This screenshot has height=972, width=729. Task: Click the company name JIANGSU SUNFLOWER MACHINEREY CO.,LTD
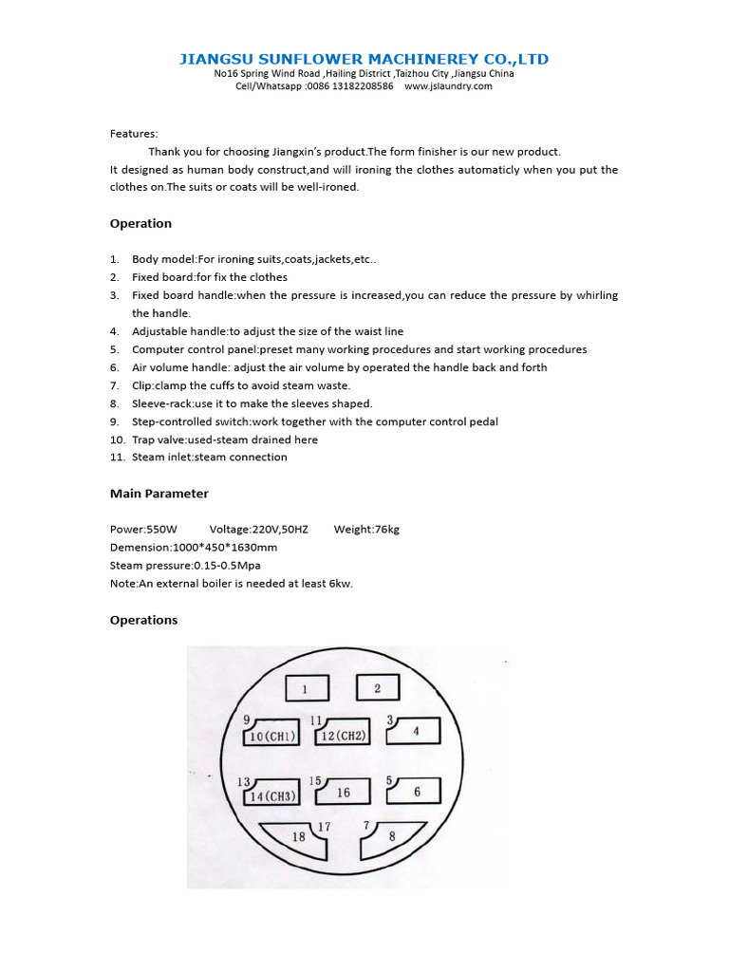point(364,59)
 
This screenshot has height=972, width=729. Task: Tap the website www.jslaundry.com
point(448,85)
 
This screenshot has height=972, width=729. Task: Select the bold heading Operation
point(140,224)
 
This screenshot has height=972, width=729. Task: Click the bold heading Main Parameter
point(159,494)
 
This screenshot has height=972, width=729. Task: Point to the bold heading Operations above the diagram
point(143,620)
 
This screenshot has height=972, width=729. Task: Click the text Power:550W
point(138,530)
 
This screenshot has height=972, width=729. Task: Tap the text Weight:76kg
point(366,530)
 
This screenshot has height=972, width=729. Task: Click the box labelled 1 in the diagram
point(306,688)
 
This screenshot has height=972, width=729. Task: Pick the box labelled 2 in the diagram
point(377,688)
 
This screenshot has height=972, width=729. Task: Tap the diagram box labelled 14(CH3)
point(272,795)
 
